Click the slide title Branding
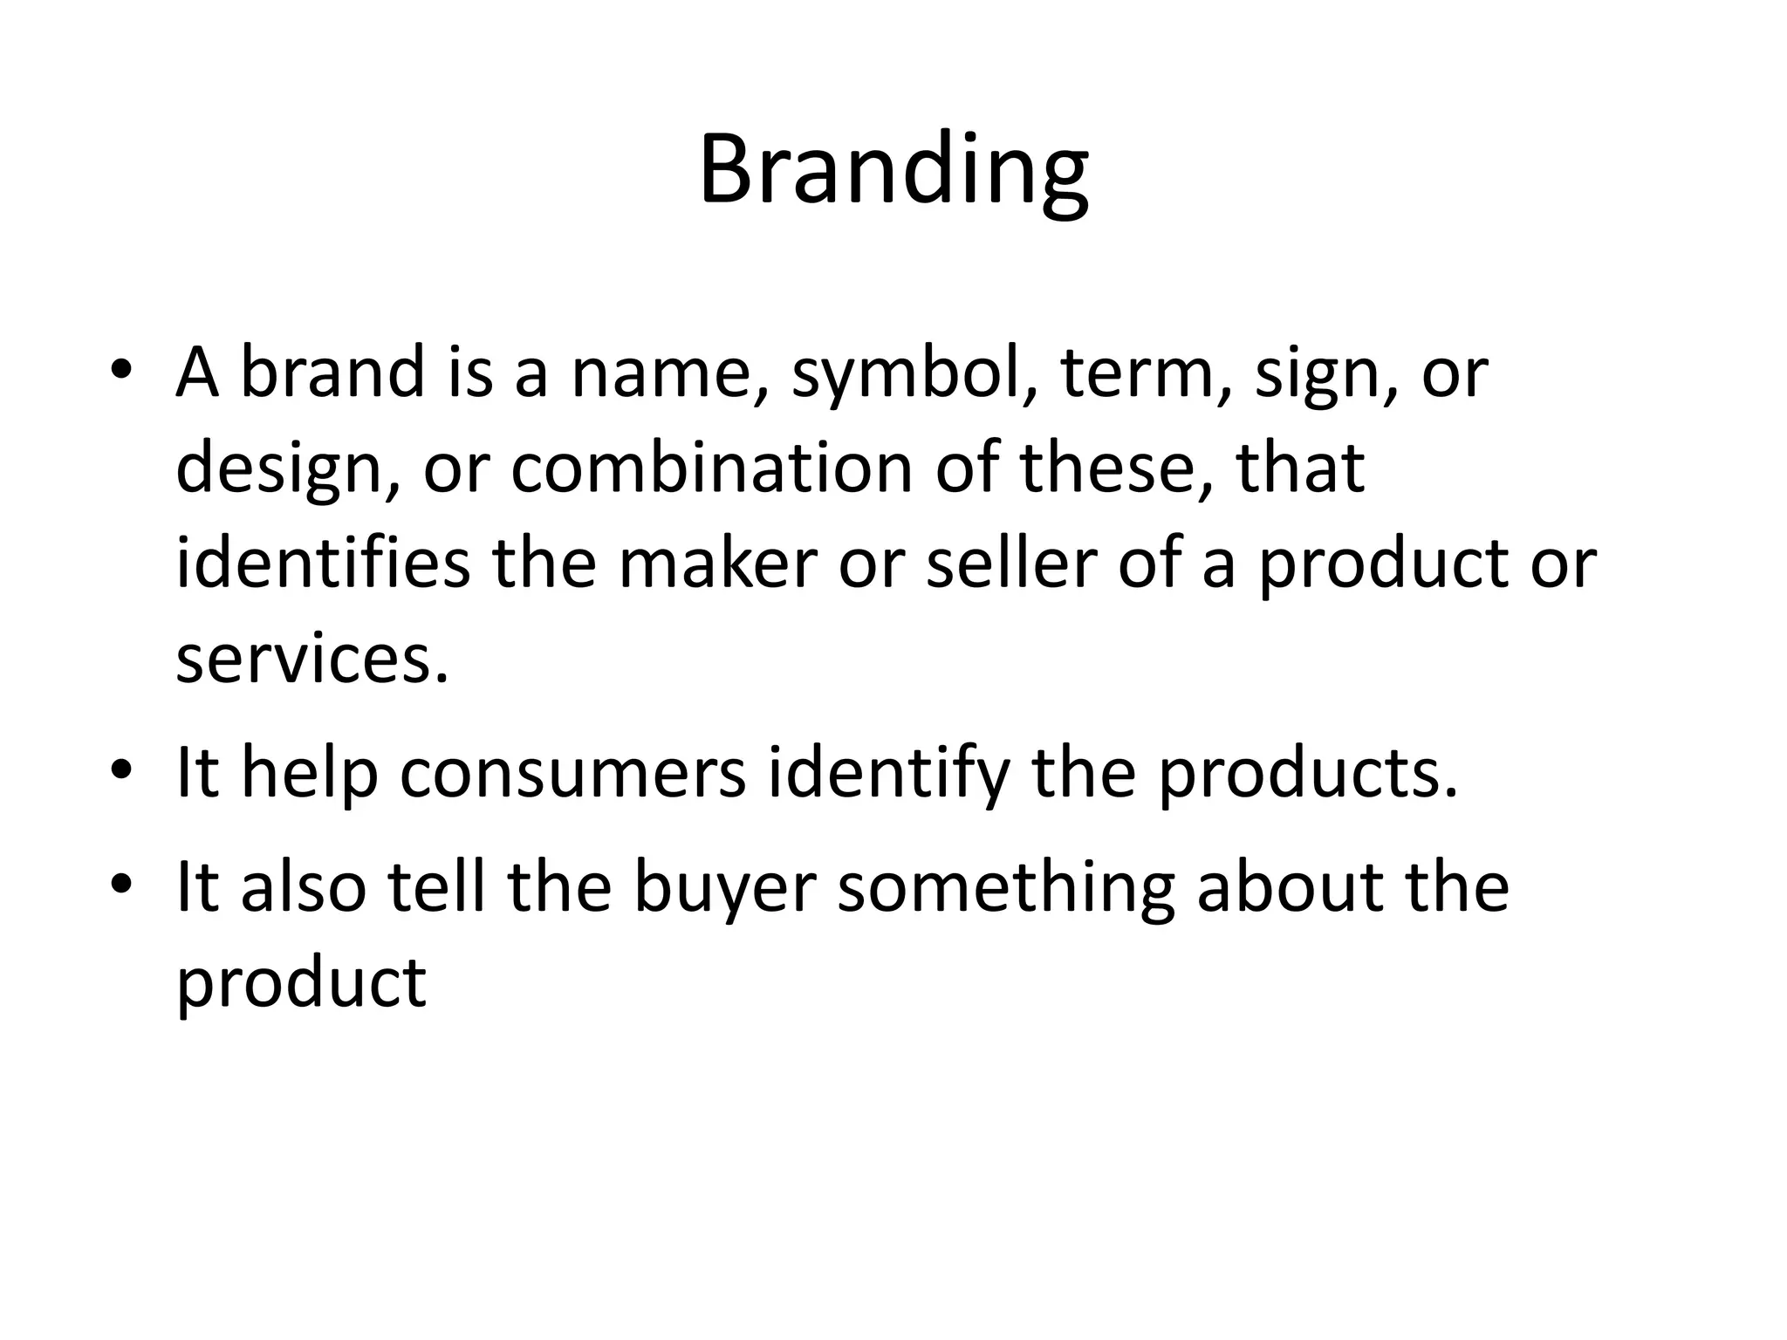(893, 170)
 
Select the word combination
(712, 468)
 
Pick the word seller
(1010, 564)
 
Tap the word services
(312, 660)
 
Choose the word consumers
(572, 773)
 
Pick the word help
(309, 773)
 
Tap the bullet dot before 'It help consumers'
(121, 769)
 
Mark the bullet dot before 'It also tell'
(121, 883)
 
